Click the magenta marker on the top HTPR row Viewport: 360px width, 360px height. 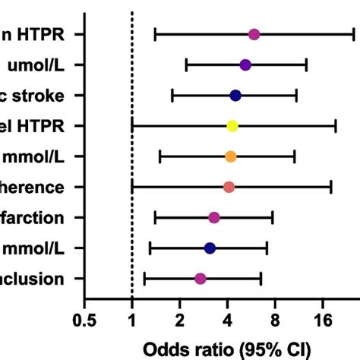(254, 34)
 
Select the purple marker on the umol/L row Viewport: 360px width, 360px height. (245, 65)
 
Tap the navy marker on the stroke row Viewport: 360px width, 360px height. (235, 95)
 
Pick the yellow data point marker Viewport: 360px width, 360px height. (232, 126)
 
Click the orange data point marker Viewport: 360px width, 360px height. (231, 156)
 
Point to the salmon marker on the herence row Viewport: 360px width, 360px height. (229, 187)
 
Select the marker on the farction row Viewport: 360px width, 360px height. (214, 218)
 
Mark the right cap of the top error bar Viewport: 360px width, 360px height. (354, 34)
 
